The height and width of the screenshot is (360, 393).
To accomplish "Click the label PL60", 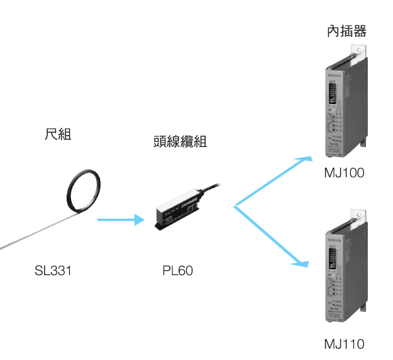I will click(177, 273).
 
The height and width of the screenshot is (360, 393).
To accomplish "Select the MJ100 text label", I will click(343, 173).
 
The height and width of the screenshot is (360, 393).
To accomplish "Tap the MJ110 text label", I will click(343, 344).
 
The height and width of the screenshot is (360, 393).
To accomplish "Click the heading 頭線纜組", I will click(180, 143).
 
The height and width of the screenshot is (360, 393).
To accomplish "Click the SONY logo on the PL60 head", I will click(170, 213).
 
